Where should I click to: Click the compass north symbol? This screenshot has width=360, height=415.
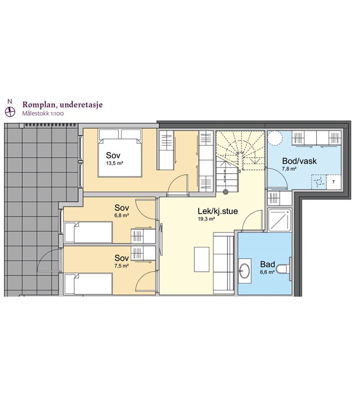pyautogui.click(x=10, y=112)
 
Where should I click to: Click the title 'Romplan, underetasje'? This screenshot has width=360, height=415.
pyautogui.click(x=62, y=105)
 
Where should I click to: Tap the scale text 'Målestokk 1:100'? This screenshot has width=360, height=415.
pyautogui.click(x=43, y=114)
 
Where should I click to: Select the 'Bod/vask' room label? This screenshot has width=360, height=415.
pyautogui.click(x=299, y=161)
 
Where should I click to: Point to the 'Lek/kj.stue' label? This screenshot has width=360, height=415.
pyautogui.click(x=218, y=211)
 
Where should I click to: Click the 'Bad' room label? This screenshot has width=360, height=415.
pyautogui.click(x=268, y=264)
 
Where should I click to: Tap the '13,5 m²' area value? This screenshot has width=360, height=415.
pyautogui.click(x=115, y=163)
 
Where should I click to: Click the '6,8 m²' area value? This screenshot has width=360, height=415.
pyautogui.click(x=122, y=215)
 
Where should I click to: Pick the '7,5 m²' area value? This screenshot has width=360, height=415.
pyautogui.click(x=122, y=266)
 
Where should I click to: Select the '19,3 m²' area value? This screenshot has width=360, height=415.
pyautogui.click(x=207, y=219)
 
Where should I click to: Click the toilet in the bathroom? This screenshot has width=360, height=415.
pyautogui.click(x=284, y=269)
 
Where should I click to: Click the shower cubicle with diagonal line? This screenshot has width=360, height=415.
pyautogui.click(x=280, y=220)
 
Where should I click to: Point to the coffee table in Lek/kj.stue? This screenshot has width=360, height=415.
pyautogui.click(x=202, y=260)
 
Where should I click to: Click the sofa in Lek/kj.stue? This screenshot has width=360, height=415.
pyautogui.click(x=224, y=263)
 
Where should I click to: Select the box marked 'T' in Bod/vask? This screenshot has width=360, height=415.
pyautogui.click(x=333, y=182)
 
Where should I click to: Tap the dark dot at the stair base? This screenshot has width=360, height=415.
pyautogui.click(x=225, y=192)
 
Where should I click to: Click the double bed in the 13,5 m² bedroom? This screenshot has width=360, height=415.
pyautogui.click(x=120, y=153)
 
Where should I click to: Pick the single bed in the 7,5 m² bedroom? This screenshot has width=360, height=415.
pyautogui.click(x=89, y=284)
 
